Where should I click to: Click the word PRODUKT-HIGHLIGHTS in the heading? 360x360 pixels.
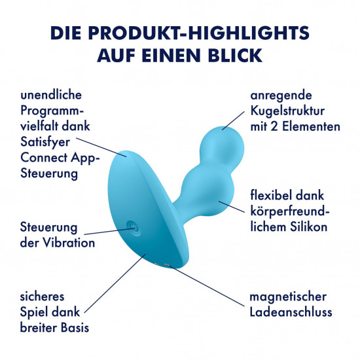point(198,33)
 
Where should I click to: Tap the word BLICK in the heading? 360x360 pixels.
point(235,56)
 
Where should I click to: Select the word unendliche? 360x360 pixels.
point(51,95)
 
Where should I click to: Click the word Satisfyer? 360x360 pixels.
point(45,142)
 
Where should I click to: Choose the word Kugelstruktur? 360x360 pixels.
point(287,111)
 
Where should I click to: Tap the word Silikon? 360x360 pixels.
point(308,227)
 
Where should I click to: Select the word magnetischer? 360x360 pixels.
point(288,297)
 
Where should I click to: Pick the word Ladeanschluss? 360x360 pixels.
point(291,312)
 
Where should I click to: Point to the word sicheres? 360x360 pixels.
point(42,297)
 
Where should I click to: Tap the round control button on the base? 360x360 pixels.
point(133,228)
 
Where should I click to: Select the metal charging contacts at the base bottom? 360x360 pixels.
point(161,265)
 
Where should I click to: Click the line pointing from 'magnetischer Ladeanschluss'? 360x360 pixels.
point(206,286)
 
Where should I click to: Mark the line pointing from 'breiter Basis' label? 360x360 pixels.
point(115,283)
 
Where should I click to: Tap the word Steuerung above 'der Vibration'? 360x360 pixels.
point(48,228)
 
